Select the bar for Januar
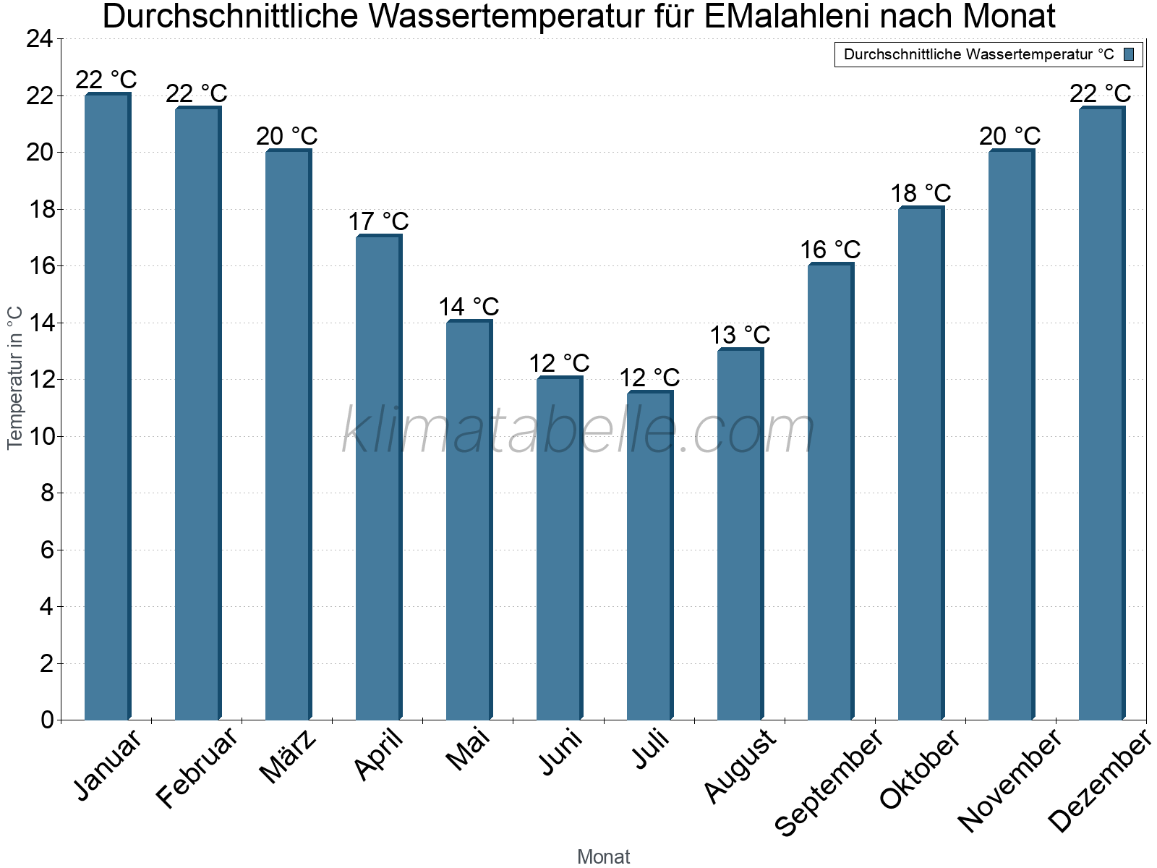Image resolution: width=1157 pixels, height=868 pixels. (107, 407)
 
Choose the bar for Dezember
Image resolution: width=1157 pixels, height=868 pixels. (1101, 414)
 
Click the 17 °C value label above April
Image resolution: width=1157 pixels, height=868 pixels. (378, 221)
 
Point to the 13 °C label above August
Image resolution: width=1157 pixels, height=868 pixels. (740, 335)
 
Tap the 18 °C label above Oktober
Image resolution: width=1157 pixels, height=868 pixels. (921, 193)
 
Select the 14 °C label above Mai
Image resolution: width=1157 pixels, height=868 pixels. (469, 307)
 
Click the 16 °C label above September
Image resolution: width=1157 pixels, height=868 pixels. (830, 250)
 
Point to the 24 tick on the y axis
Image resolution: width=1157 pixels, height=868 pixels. (40, 39)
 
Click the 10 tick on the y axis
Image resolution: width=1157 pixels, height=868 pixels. (40, 436)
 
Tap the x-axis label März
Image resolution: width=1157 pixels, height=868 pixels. (288, 757)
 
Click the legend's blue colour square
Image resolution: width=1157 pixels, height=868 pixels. (1129, 54)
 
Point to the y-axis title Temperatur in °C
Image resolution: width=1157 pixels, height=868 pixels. (15, 378)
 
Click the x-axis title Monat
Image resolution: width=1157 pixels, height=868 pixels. (603, 856)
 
